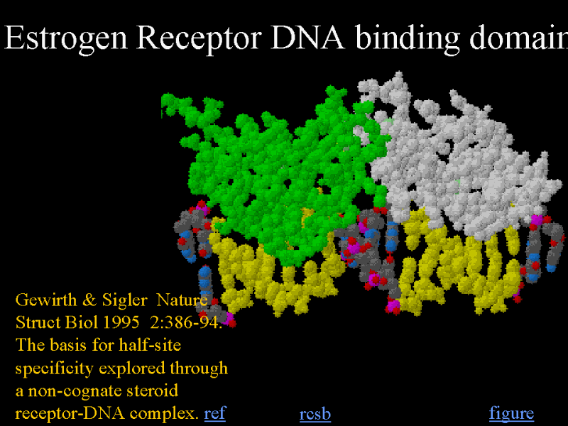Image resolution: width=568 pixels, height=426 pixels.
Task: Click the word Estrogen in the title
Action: pos(66,38)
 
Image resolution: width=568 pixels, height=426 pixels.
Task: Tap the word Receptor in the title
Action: pos(200,38)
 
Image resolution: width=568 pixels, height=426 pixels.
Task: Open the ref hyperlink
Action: pos(215,413)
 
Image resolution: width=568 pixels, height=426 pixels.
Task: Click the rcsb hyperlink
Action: pos(315,415)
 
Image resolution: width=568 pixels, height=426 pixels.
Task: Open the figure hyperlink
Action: pos(511,413)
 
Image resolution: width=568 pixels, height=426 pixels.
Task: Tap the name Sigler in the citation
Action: pos(124,300)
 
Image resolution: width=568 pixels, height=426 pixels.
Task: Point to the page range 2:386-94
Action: pos(185,322)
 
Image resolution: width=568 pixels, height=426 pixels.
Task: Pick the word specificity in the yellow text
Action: pos(55,368)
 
